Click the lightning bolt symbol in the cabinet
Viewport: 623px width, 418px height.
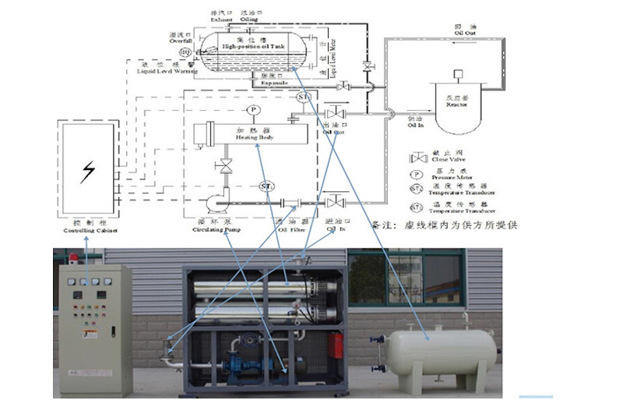point(88,170)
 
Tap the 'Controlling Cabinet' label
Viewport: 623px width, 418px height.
point(88,231)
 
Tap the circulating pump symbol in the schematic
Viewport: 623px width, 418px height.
point(212,205)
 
